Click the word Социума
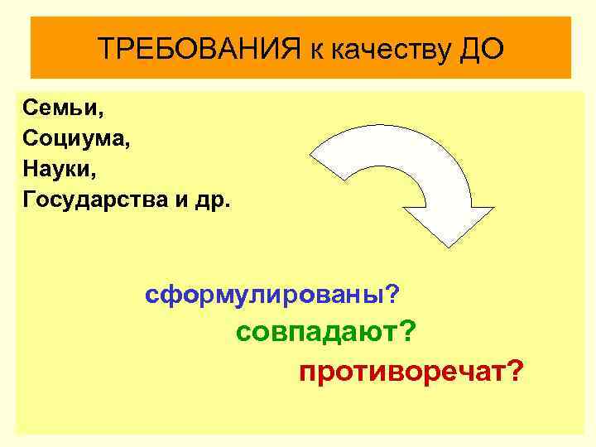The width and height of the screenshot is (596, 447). point(73,137)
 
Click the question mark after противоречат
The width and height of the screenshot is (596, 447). point(516,372)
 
